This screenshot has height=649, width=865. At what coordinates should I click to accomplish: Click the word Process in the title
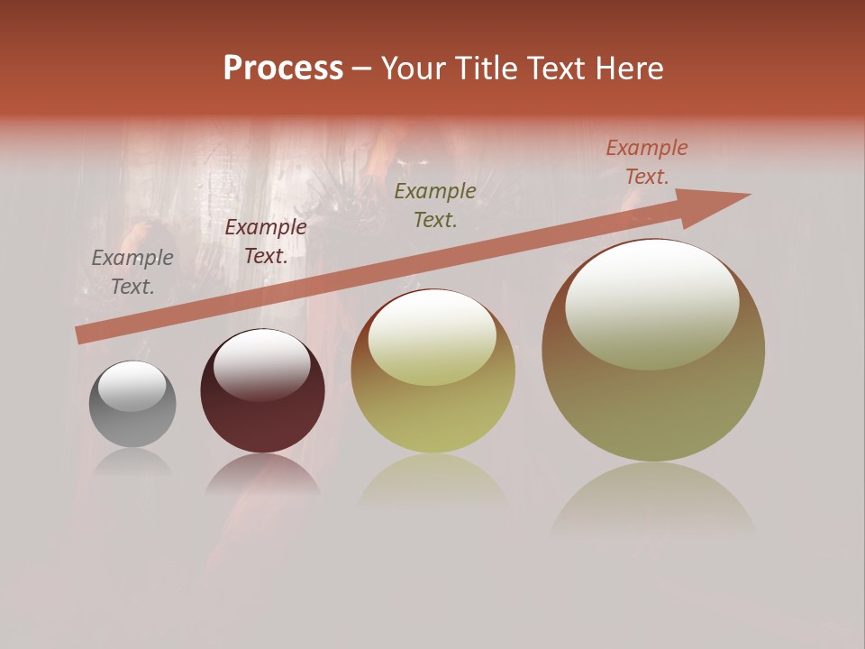283,69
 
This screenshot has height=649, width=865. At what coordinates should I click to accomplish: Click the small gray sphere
132,404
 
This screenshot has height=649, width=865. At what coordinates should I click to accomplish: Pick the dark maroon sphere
262,392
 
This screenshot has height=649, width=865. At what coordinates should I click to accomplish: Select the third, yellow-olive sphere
432,371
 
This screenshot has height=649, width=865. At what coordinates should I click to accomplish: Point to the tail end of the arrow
81,335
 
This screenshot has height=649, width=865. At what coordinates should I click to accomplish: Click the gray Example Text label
132,272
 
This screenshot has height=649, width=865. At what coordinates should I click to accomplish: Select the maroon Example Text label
266,242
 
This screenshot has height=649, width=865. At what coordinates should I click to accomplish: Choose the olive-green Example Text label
435,206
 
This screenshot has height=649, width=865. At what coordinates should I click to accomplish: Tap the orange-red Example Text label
646,162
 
